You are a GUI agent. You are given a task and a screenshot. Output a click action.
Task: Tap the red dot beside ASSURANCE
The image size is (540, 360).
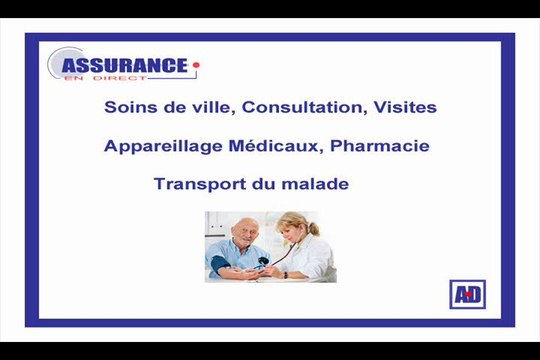coord(197,66)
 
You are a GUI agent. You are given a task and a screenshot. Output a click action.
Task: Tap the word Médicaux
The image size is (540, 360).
coord(268,146)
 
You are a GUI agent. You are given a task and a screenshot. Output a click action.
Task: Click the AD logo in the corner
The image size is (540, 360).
coord(466,295)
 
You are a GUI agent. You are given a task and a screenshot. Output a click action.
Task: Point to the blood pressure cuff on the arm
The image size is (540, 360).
coord(221,263)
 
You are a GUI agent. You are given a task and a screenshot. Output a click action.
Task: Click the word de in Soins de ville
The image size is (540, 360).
coord(170,107)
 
